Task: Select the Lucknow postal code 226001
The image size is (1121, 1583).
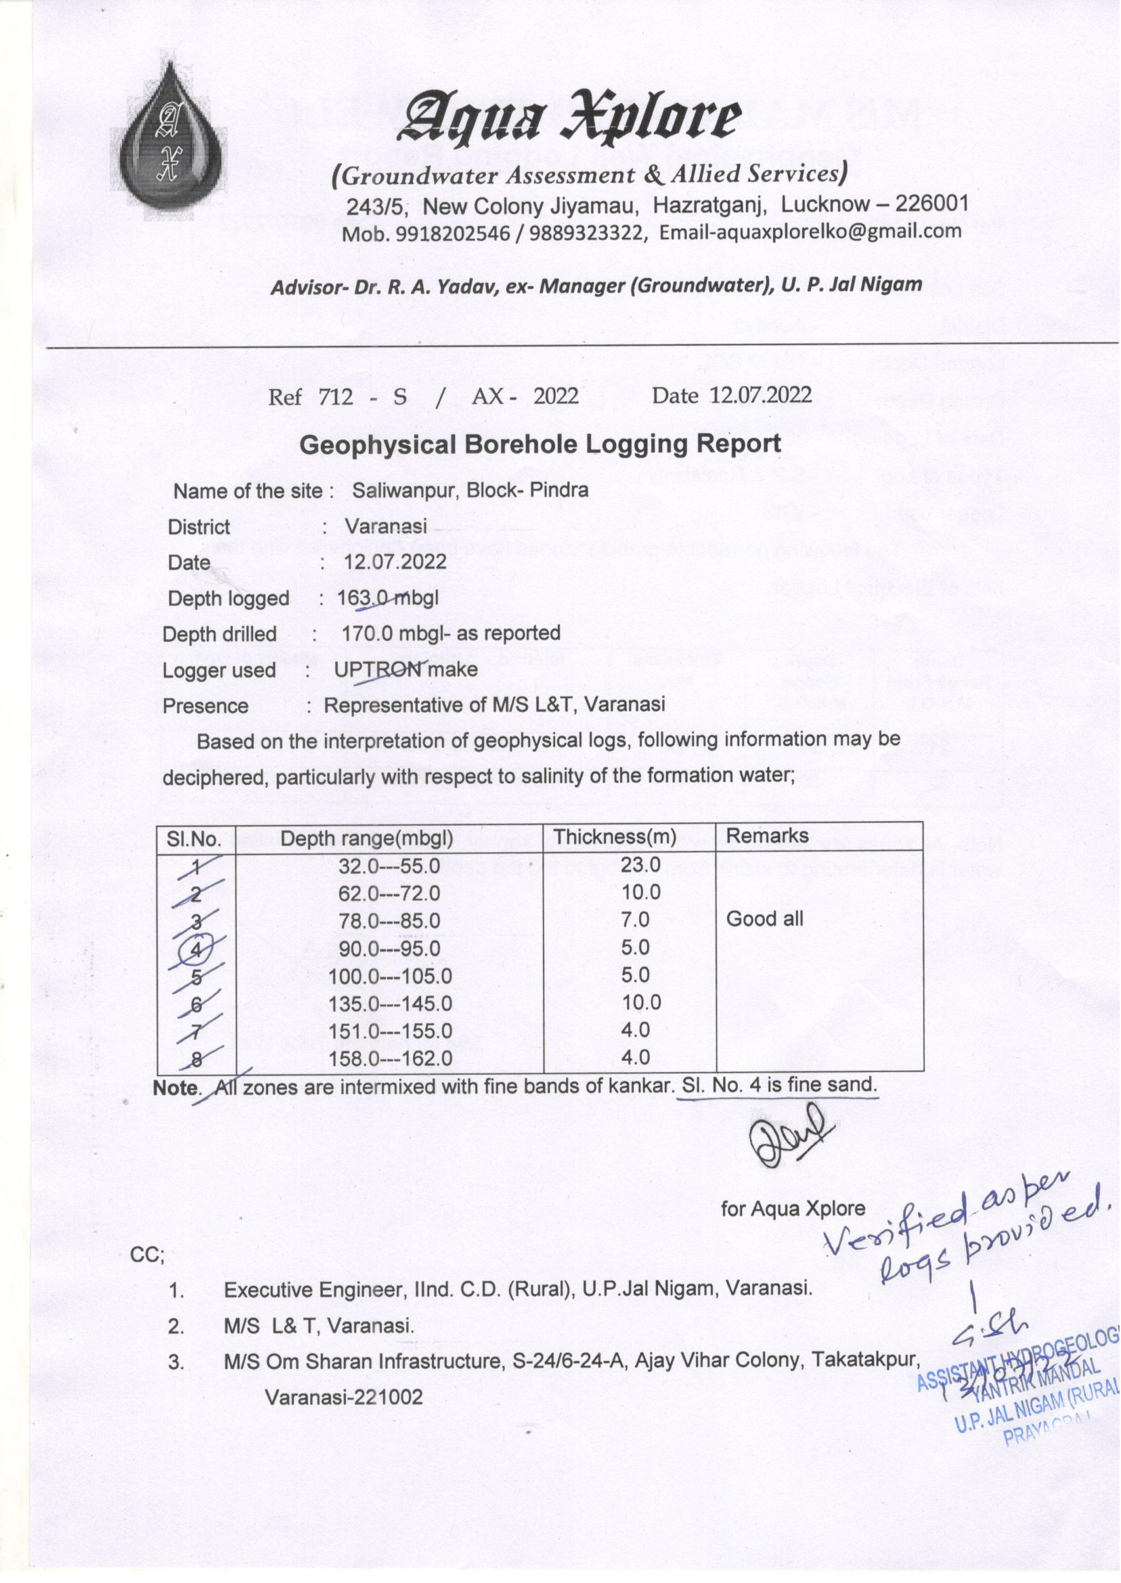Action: pos(932,203)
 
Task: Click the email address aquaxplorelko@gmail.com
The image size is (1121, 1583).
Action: pos(810,232)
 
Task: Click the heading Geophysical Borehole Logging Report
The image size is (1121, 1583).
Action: pos(540,444)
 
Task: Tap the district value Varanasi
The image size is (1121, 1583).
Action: pos(386,527)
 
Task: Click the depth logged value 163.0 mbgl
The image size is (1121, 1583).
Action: pos(387,598)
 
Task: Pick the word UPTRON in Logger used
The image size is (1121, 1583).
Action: pos(378,669)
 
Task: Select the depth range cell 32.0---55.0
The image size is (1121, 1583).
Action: pos(389,866)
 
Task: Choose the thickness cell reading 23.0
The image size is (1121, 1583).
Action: pos(640,864)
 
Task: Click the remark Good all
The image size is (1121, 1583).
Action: pos(764,918)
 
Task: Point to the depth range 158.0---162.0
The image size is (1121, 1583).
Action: pos(390,1058)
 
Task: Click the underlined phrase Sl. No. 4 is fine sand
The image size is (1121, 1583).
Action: pos(778,1085)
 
